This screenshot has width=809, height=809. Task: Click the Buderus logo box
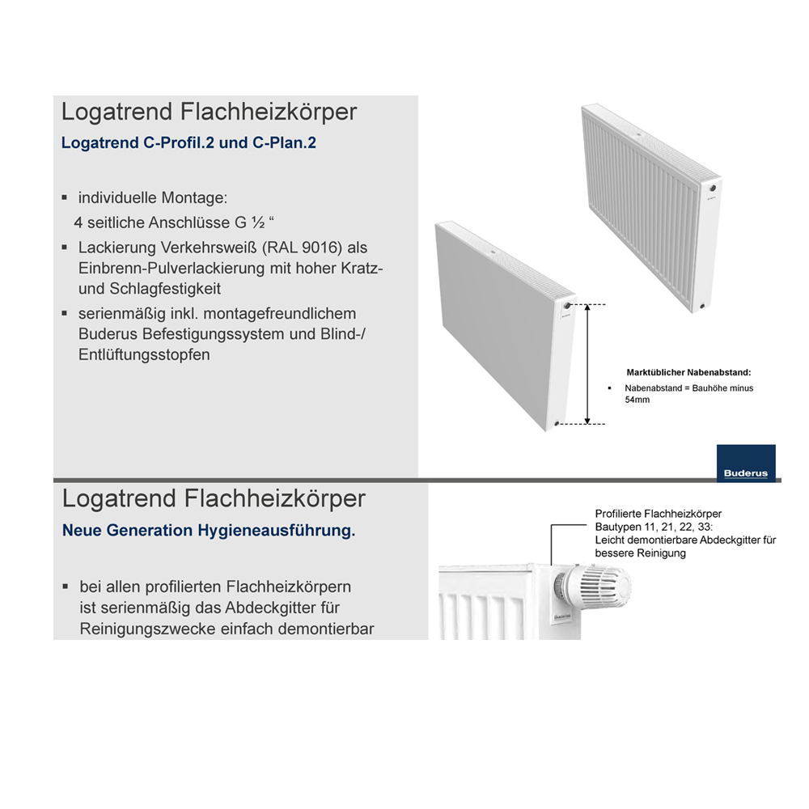(746, 464)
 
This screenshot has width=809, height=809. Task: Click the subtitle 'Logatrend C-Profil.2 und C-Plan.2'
(188, 143)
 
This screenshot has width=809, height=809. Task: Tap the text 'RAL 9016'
(298, 248)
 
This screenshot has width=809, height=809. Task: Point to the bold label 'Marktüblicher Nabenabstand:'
(689, 373)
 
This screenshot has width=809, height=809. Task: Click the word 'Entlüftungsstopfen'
(144, 354)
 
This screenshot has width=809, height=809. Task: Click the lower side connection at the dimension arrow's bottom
(558, 423)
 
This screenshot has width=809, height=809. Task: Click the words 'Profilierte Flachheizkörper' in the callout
(658, 514)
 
